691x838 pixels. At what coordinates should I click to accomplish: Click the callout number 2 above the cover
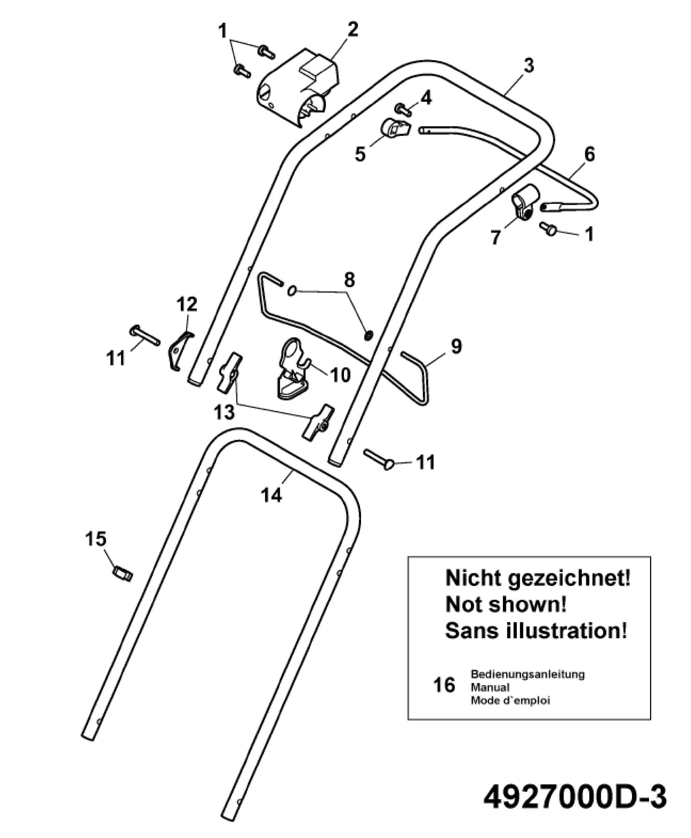tap(352, 29)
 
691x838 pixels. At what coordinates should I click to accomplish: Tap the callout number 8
tap(349, 280)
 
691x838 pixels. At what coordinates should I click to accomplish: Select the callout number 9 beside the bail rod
tap(456, 346)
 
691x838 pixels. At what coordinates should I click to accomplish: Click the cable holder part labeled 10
tap(292, 368)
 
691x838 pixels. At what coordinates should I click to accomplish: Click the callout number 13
tap(224, 413)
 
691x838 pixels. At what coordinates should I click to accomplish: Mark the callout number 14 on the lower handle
tap(272, 495)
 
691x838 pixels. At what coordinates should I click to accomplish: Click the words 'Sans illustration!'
tap(536, 631)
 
